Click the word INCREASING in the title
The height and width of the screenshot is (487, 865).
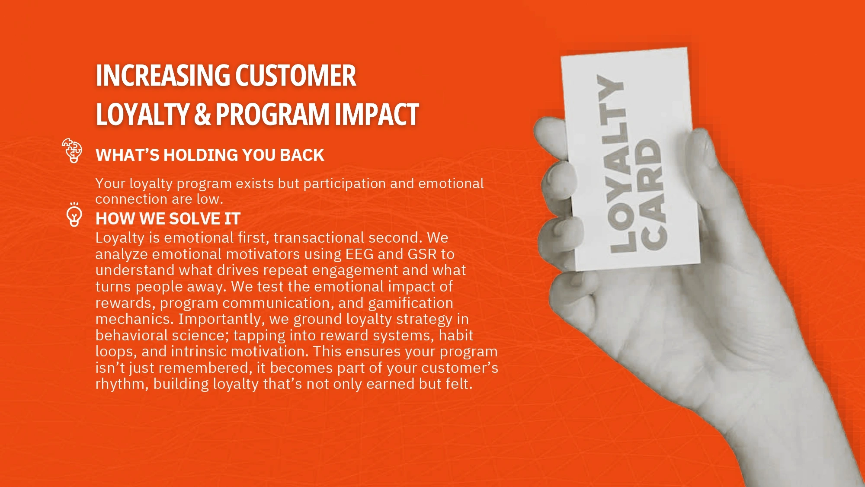tap(163, 76)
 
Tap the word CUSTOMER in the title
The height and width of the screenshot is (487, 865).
tap(296, 76)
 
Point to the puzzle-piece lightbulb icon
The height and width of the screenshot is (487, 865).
tap(72, 150)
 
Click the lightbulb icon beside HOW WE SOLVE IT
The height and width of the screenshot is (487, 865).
tap(74, 214)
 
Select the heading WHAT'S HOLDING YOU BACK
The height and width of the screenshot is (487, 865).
tap(210, 155)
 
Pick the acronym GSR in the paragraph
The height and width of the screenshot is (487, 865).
tap(422, 254)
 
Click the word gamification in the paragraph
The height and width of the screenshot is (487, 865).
tap(411, 303)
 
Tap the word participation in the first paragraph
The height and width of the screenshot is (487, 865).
tap(345, 184)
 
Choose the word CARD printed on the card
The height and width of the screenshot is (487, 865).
tap(652, 194)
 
